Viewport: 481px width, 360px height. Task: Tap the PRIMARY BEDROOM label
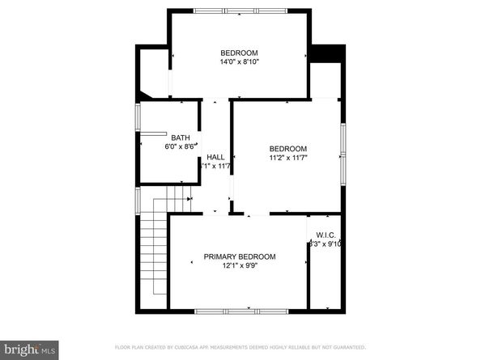(x=239, y=256)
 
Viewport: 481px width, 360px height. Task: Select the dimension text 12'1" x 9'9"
(x=239, y=265)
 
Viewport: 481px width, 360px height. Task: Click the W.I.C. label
(x=326, y=235)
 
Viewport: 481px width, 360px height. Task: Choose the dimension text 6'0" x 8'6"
(x=180, y=146)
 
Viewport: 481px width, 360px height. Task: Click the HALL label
(x=215, y=157)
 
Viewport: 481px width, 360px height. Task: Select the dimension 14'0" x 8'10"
(x=239, y=61)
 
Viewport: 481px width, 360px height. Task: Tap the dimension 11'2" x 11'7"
(x=288, y=158)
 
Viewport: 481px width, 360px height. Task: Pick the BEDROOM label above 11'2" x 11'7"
(x=288, y=149)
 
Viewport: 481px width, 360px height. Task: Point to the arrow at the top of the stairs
(x=189, y=197)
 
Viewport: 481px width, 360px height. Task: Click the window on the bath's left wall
(x=137, y=118)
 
